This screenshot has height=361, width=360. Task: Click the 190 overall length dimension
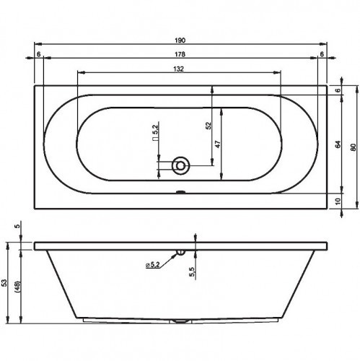click(180, 40)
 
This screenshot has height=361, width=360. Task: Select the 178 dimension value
click(180, 54)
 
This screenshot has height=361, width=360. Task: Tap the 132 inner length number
click(178, 69)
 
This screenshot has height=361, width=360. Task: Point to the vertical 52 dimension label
click(208, 126)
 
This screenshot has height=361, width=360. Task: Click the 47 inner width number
click(217, 144)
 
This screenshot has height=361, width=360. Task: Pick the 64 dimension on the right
click(338, 144)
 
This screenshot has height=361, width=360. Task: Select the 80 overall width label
click(353, 147)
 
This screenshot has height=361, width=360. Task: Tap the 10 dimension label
click(338, 201)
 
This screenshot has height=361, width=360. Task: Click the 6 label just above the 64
click(338, 90)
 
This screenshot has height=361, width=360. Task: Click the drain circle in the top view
click(180, 165)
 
